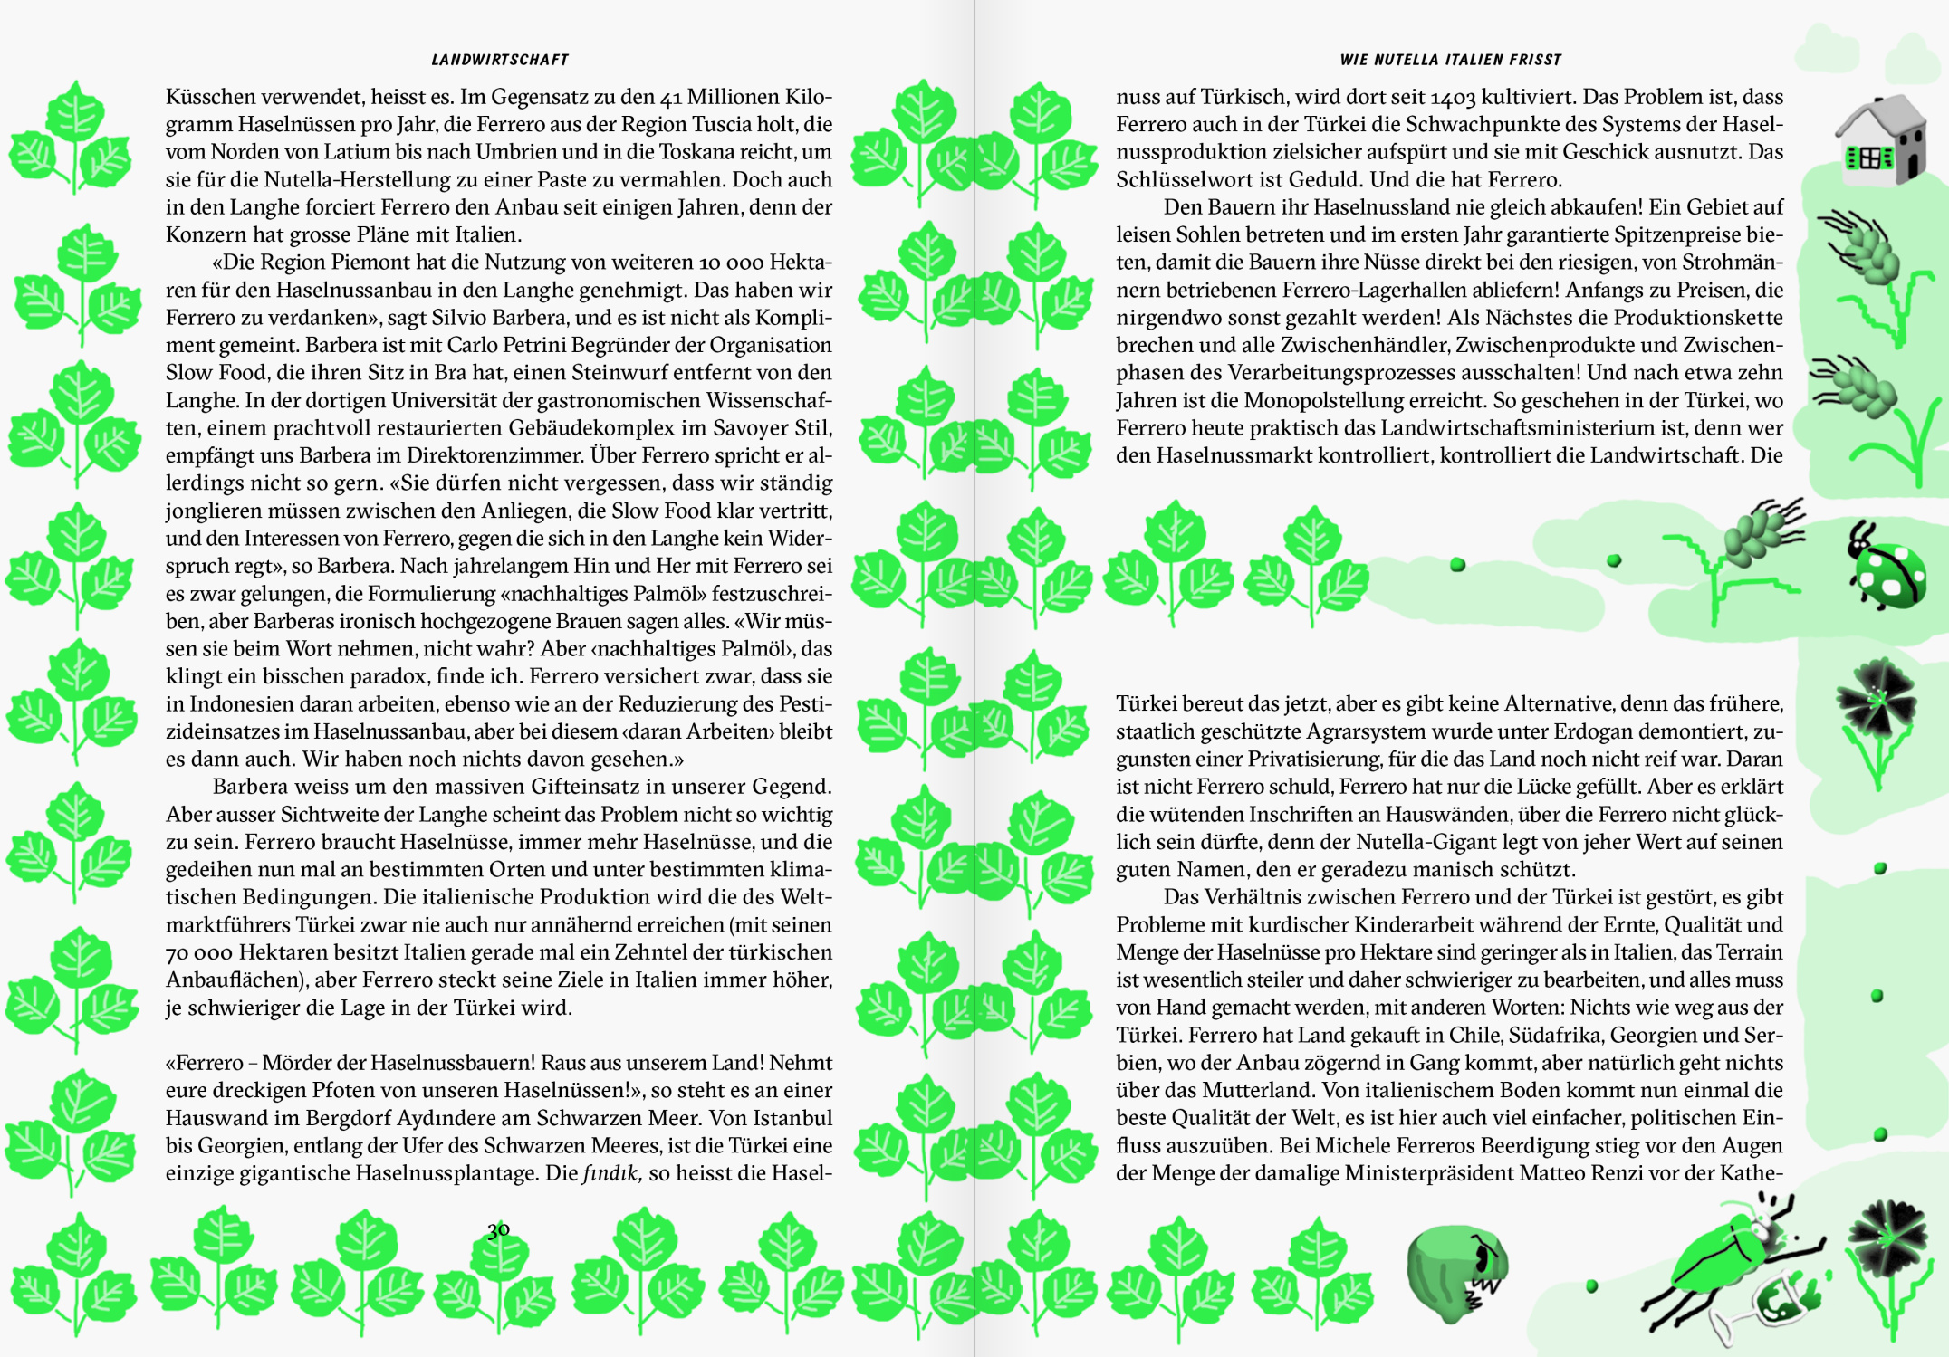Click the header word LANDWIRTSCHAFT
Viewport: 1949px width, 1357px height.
coord(500,60)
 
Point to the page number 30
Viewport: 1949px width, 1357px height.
coord(498,1229)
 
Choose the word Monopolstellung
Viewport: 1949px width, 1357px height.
coord(1320,400)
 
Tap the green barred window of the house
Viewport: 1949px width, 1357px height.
coord(1867,158)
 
